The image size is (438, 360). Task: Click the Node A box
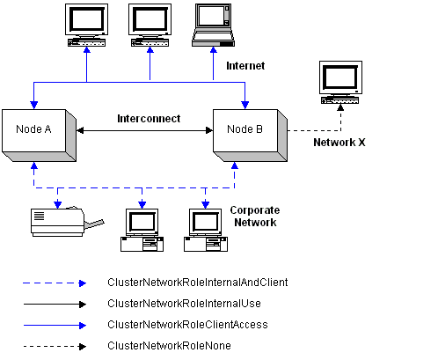(39, 136)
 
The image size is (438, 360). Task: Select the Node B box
(250, 136)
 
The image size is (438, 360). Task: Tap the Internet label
(245, 66)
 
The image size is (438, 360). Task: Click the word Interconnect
(149, 119)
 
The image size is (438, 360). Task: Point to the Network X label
(339, 143)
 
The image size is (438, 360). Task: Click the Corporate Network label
(255, 217)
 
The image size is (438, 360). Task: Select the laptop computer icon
(213, 26)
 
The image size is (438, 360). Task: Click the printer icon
(68, 222)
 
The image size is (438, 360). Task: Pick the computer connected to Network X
(340, 83)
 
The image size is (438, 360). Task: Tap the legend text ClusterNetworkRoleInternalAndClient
(198, 283)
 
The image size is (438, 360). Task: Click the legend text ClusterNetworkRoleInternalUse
(184, 304)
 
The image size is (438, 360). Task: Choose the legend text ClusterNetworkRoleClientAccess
(187, 325)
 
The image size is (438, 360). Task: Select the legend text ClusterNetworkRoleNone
(169, 346)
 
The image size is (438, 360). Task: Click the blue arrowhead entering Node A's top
(34, 105)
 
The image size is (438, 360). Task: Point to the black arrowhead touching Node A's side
(80, 130)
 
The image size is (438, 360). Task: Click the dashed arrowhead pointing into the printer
(58, 204)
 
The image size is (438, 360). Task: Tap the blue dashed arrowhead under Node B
(235, 165)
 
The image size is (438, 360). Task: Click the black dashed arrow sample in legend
(55, 347)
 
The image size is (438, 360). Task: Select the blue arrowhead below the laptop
(214, 50)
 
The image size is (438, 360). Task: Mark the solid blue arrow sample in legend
(55, 326)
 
